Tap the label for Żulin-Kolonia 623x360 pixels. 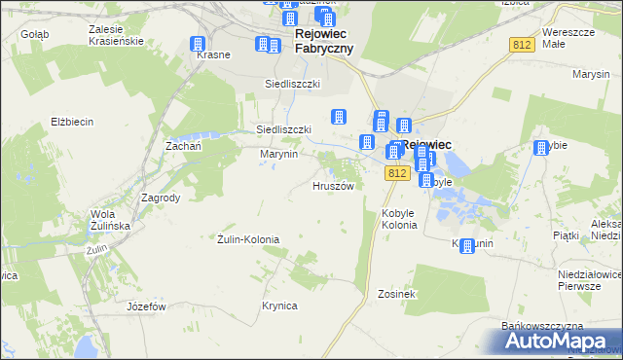[x=247, y=239]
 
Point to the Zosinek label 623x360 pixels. [x=396, y=293]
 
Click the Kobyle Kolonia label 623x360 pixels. [x=399, y=219]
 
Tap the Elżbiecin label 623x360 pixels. [x=72, y=122]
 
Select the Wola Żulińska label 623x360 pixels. [x=110, y=220]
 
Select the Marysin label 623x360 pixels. [x=591, y=74]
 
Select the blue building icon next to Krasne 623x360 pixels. [x=199, y=45]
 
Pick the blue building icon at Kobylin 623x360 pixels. [x=467, y=246]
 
